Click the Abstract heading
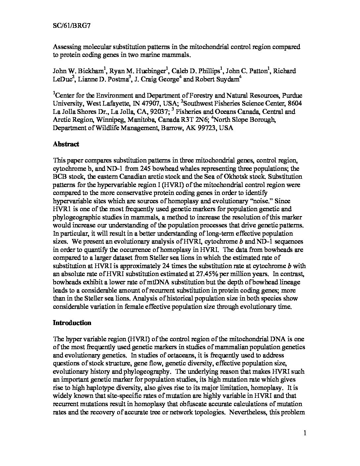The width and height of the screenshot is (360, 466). (x=66, y=144)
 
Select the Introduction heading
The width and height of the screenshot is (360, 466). (x=72, y=323)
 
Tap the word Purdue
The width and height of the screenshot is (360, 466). (x=294, y=95)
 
